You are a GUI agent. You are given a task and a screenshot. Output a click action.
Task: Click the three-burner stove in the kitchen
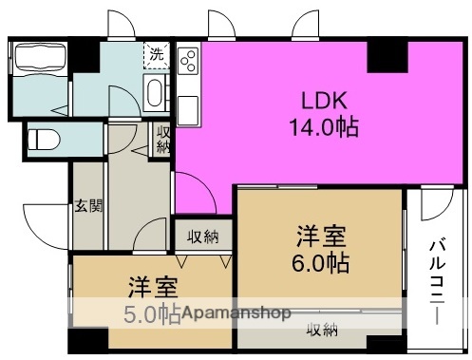point(187,62)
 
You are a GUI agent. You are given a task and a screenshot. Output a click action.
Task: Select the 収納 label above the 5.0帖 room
point(202,237)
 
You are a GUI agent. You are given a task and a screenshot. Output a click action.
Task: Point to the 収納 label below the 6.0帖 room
point(321,330)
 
